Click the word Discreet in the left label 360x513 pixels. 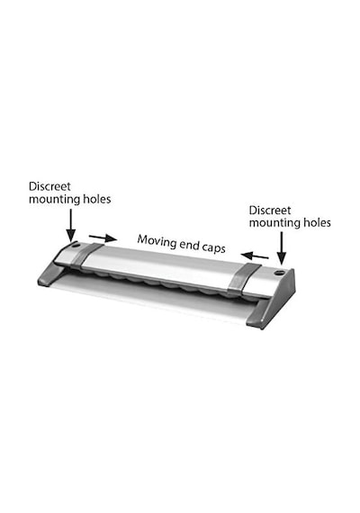tap(49, 186)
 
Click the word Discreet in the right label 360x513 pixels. tap(270, 210)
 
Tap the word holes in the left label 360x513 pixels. tap(96, 199)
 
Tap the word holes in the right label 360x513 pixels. tap(316, 222)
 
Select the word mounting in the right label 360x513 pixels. tap(274, 223)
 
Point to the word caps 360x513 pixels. tap(213, 247)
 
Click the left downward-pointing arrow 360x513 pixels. tap(71, 225)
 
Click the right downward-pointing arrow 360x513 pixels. tap(281, 248)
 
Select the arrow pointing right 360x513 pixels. tap(103, 238)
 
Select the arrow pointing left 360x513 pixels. tap(255, 256)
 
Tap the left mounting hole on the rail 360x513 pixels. tap(76, 245)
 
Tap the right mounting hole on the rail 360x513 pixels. tap(279, 272)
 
